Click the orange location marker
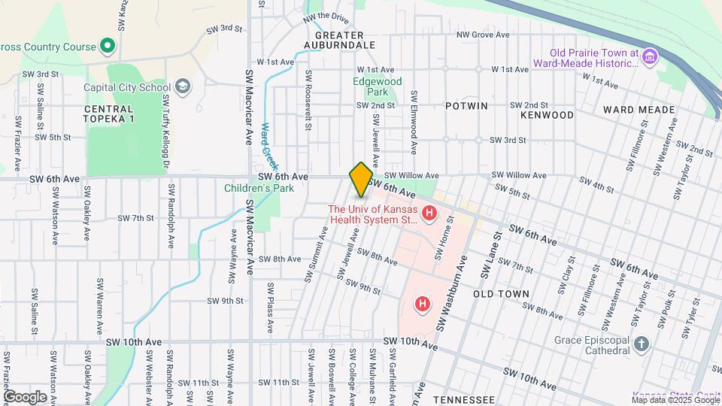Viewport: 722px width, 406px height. [361, 179]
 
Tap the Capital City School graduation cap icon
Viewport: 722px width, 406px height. [181, 87]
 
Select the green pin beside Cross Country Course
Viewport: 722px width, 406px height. [108, 47]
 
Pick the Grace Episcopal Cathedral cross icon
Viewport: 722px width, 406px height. [641, 344]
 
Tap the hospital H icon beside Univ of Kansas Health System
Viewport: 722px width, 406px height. [429, 215]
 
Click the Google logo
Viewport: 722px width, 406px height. [25, 396]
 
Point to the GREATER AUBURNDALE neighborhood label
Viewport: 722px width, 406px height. [339, 41]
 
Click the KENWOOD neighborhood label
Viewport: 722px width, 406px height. [547, 115]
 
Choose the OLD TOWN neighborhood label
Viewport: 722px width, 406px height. [502, 294]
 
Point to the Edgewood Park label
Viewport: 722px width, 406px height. [378, 86]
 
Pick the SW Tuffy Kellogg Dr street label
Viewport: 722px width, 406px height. [164, 141]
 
